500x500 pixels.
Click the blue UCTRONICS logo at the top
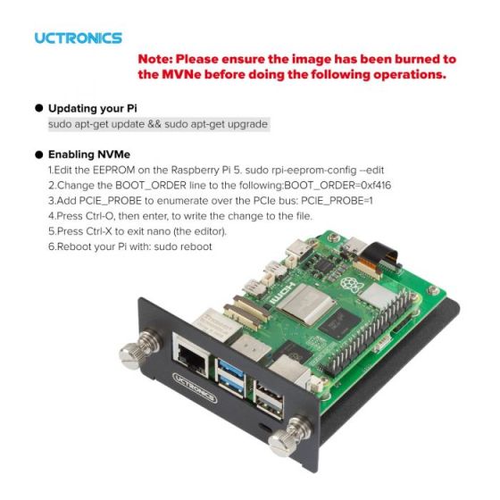click(79, 37)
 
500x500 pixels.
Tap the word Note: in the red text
click(154, 59)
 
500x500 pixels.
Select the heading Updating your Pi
click(93, 108)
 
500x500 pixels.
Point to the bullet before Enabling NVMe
click(39, 154)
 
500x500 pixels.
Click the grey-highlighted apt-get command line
click(159, 124)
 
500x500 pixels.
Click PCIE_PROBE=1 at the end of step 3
click(337, 201)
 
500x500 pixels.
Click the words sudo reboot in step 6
click(183, 246)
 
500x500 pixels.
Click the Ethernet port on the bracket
click(190, 355)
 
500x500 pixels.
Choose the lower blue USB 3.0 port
click(232, 384)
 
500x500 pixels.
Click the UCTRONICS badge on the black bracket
click(195, 387)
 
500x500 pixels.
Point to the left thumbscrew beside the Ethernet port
click(139, 349)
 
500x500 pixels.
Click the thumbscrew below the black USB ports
click(289, 436)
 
